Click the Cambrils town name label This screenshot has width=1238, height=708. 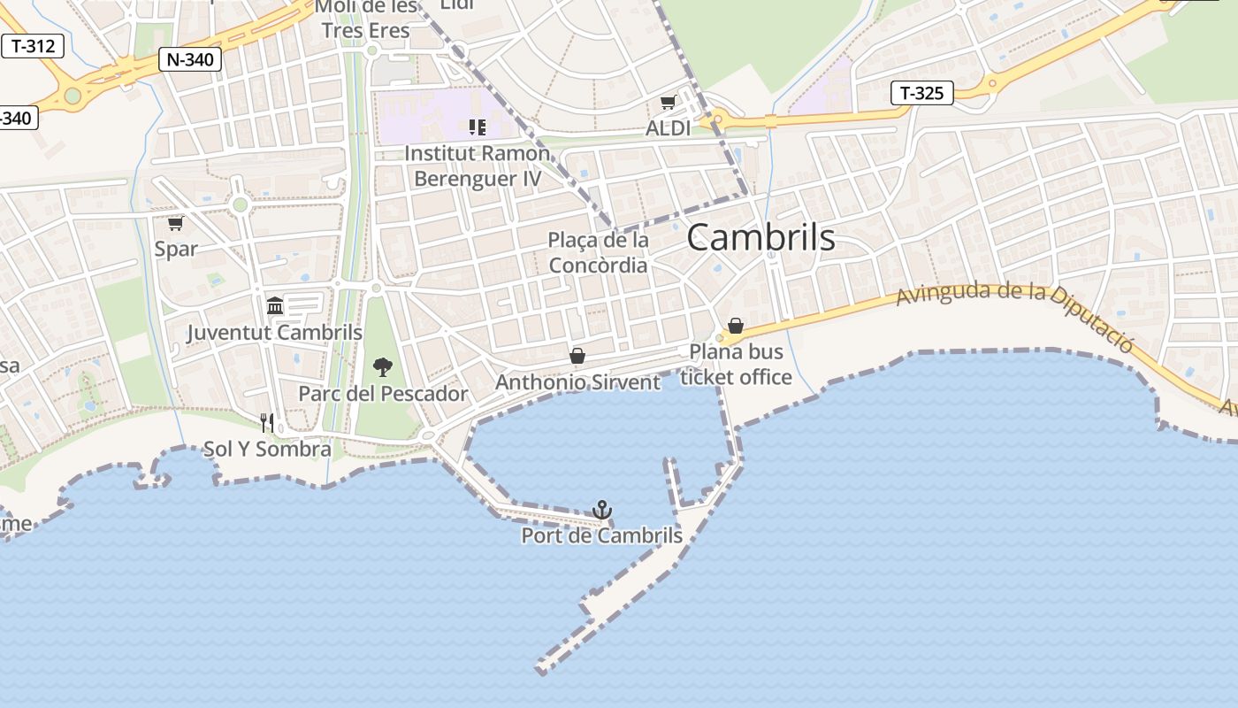(x=760, y=237)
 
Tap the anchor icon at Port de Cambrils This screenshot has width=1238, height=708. (x=602, y=509)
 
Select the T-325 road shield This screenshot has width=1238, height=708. (x=921, y=92)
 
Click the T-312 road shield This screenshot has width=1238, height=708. (x=34, y=46)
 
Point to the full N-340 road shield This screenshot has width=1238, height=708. (x=189, y=59)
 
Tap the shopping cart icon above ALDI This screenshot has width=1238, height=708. (x=668, y=103)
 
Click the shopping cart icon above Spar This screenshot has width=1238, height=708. (x=175, y=223)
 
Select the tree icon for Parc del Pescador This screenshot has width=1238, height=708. (x=382, y=366)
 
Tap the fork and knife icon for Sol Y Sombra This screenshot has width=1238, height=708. (x=267, y=422)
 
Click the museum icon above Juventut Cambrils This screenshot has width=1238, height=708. (x=274, y=305)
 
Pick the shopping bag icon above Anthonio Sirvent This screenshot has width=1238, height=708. (x=577, y=356)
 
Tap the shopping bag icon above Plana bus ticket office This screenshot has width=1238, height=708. (x=735, y=326)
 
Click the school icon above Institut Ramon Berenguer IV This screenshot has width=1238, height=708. (x=478, y=127)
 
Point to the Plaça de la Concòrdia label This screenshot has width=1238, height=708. (x=599, y=252)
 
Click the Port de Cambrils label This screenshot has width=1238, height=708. (x=601, y=535)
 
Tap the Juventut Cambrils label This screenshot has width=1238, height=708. (x=274, y=333)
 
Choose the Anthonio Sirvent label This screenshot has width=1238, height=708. (x=577, y=382)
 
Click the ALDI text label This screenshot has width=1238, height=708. (x=668, y=128)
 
